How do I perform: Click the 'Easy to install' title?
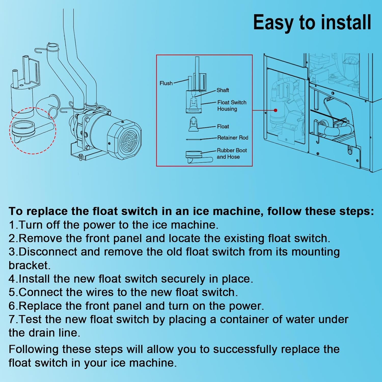(312, 23)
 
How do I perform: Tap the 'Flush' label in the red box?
(166, 83)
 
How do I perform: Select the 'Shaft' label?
(223, 90)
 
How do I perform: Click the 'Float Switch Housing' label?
(232, 106)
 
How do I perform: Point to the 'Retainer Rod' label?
(233, 138)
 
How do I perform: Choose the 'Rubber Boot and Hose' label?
(232, 154)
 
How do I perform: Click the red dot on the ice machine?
(276, 110)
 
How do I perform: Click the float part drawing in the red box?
(193, 125)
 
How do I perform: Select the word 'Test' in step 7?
(29, 319)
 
